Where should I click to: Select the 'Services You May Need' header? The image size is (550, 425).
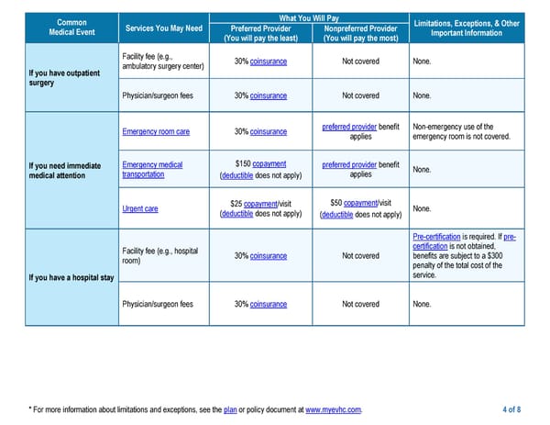(x=164, y=28)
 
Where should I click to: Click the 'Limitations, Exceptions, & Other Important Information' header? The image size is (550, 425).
(x=467, y=28)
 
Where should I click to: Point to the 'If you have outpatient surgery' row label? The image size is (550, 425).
(x=59, y=77)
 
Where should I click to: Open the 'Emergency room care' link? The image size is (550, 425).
(x=156, y=132)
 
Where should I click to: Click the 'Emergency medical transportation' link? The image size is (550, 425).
(x=152, y=170)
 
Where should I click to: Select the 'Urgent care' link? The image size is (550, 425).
(x=139, y=209)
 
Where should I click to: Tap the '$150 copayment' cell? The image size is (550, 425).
(x=260, y=170)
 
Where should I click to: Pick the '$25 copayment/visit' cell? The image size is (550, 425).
(x=260, y=208)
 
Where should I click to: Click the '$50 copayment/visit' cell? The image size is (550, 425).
(x=360, y=208)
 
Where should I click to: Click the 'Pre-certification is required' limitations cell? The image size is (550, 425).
(x=465, y=256)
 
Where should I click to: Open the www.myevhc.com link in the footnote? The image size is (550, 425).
(x=333, y=409)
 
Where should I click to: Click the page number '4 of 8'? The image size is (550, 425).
(x=511, y=409)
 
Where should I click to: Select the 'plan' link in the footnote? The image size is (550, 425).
(x=231, y=409)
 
